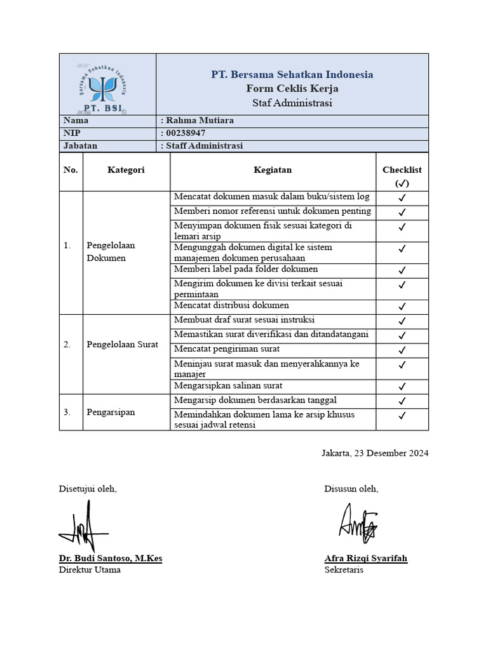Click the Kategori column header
tap(126, 170)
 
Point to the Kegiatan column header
tap(273, 170)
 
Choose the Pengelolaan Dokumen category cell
tap(111, 252)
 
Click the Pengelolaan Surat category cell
tap(122, 345)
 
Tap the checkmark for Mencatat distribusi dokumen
tap(402, 307)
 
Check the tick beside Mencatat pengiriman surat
tap(402, 350)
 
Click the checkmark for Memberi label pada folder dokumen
tap(402, 270)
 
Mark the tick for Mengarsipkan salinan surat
tap(402, 387)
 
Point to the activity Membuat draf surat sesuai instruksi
tap(244, 320)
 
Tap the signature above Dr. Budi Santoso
tap(83, 526)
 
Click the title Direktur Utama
tap(90, 570)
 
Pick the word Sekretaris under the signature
tap(344, 570)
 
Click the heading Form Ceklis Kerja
tap(292, 88)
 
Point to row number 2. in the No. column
tap(67, 345)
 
